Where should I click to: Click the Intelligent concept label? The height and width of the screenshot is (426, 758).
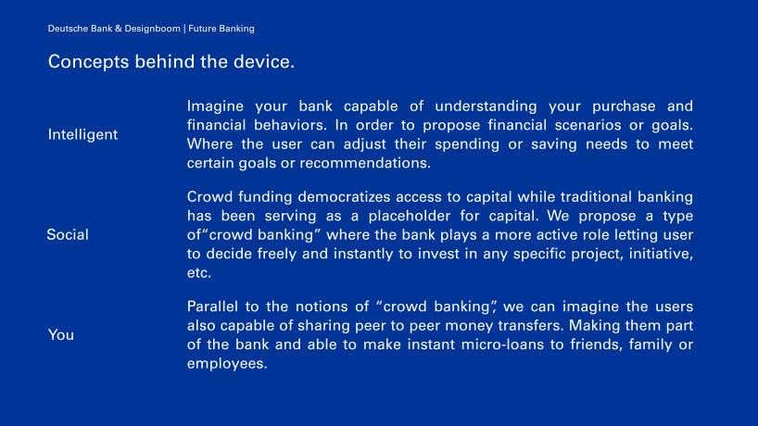(x=82, y=134)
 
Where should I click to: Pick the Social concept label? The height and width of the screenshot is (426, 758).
(x=68, y=234)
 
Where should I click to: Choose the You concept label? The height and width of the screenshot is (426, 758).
(x=61, y=334)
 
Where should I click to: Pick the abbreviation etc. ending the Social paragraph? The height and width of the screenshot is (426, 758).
(x=198, y=273)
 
